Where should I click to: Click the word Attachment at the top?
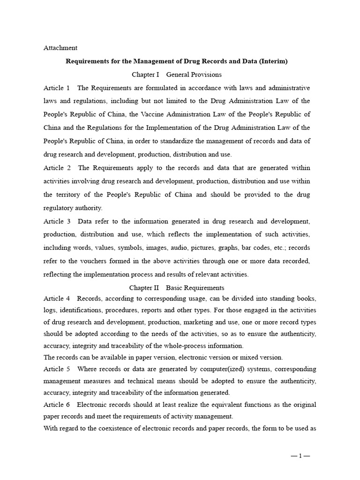click(60, 48)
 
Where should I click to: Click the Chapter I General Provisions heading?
click(176, 75)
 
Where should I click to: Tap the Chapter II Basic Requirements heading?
click(176, 288)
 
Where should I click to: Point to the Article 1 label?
click(57, 88)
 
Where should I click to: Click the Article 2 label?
click(57, 168)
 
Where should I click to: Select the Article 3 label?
click(57, 221)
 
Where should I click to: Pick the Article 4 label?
click(57, 298)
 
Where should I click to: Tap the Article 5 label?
click(57, 369)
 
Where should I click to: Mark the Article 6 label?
click(57, 405)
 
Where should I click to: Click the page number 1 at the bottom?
click(300, 456)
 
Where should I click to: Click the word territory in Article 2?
click(73, 195)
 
